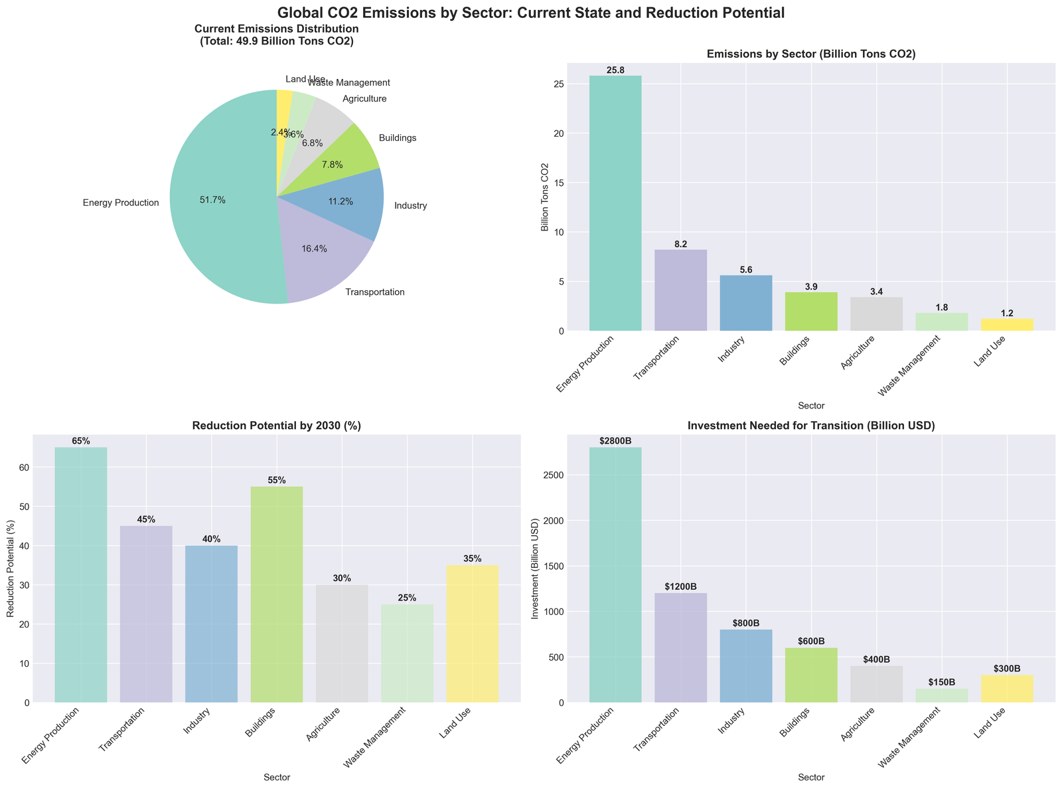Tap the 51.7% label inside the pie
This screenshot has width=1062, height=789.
[212, 200]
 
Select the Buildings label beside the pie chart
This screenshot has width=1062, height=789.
[397, 138]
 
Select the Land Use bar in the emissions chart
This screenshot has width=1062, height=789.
[1007, 325]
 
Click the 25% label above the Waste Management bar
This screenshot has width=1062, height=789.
[407, 598]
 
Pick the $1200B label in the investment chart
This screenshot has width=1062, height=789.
[680, 587]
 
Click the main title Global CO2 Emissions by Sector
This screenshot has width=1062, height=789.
[531, 12]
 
